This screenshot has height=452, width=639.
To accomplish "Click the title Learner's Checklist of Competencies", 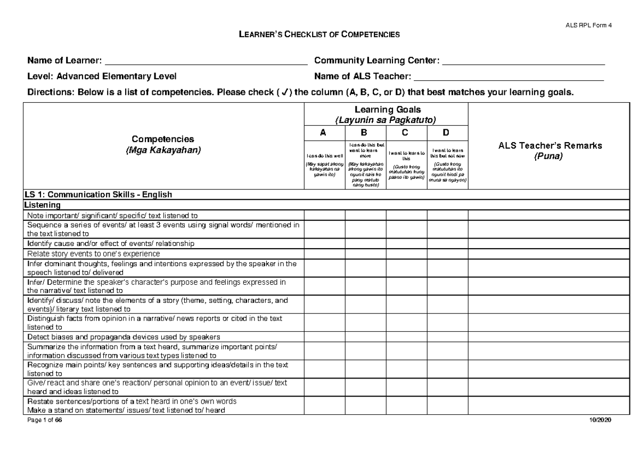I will point(318,35).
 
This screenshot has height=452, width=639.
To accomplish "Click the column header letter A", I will point(324,133).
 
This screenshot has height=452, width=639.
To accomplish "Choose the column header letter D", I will point(447,133).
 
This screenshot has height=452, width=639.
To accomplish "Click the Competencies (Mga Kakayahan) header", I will point(162,144).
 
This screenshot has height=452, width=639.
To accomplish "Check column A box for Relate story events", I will point(324,253).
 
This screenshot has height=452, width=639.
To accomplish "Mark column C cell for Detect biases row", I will point(406,337).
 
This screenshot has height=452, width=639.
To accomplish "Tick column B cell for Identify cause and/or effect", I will point(365,243).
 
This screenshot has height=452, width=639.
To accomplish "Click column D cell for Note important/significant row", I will point(447,215).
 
